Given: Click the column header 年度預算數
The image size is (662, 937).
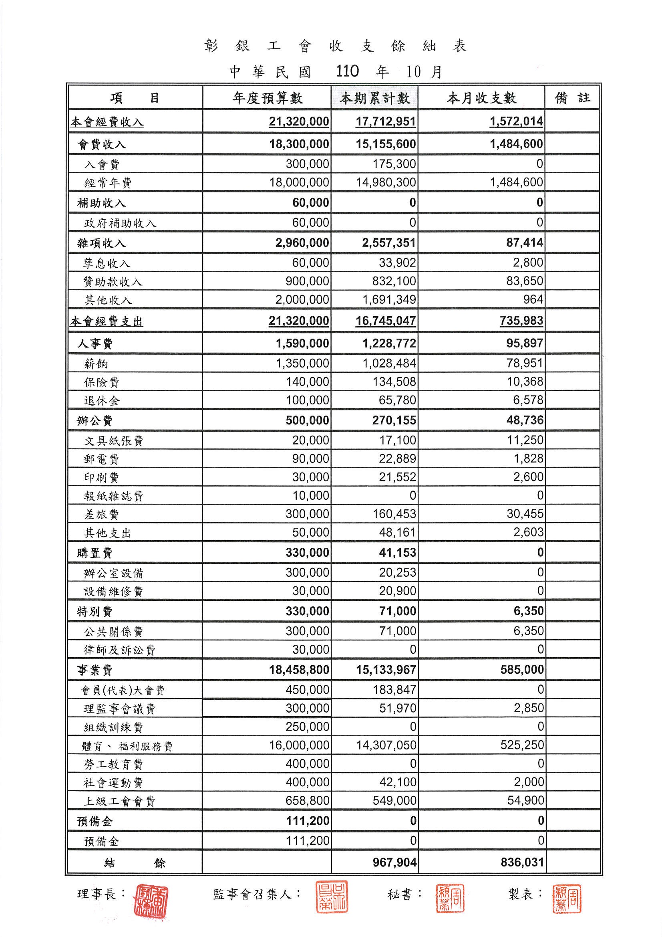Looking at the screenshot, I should pyautogui.click(x=268, y=98).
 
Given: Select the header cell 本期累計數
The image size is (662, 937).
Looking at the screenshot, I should pyautogui.click(x=375, y=98).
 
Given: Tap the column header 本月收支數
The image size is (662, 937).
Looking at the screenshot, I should pyautogui.click(x=482, y=98).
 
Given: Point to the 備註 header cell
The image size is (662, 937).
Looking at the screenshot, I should pyautogui.click(x=572, y=98).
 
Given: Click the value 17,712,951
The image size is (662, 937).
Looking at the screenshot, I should pyautogui.click(x=385, y=121).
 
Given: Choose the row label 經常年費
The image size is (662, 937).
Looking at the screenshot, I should pyautogui.click(x=108, y=183).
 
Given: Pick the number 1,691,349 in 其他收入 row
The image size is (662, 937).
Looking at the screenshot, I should pyautogui.click(x=389, y=300).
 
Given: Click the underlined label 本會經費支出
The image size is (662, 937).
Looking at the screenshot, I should pyautogui.click(x=107, y=321).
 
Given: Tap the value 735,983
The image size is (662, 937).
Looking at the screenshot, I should pyautogui.click(x=521, y=321).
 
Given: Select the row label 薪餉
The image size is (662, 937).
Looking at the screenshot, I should pyautogui.click(x=96, y=363).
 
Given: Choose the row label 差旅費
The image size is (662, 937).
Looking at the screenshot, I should pyautogui.click(x=102, y=515).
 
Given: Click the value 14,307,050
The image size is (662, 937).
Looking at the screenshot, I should pyautogui.click(x=386, y=745).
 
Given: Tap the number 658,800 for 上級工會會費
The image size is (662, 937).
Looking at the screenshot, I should pyautogui.click(x=307, y=801).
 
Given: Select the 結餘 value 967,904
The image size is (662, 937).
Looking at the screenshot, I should pyautogui.click(x=394, y=862).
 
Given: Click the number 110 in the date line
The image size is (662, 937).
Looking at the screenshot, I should pyautogui.click(x=347, y=71).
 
